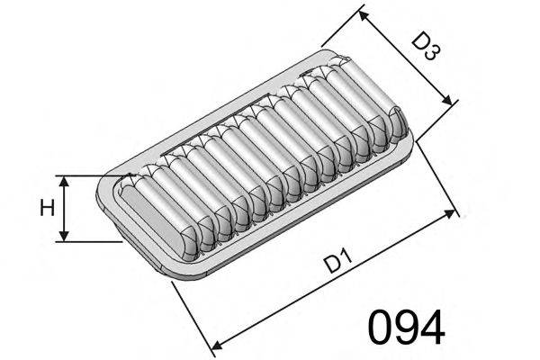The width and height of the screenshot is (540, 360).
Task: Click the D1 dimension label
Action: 337,264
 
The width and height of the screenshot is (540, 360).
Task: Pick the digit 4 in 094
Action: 431,328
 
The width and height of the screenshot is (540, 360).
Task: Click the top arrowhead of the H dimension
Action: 64,179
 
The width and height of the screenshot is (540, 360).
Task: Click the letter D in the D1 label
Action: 331,264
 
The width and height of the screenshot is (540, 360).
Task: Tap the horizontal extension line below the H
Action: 90,240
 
